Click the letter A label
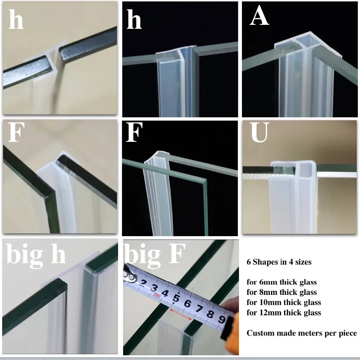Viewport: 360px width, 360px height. [259, 17]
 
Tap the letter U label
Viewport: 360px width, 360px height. [260, 134]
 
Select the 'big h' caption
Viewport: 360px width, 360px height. [36, 255]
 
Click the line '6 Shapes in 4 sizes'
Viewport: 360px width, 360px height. [279, 262]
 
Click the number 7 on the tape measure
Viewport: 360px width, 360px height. [199, 306]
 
